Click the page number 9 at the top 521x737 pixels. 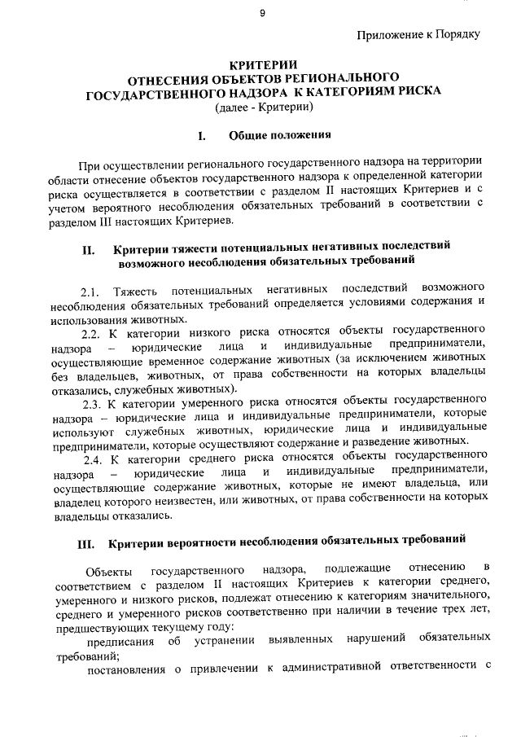[x=262, y=12]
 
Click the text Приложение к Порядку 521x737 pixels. [x=418, y=33]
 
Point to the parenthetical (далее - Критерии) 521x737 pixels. [x=263, y=107]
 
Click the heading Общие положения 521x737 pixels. [x=279, y=134]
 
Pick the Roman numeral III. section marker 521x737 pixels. [x=87, y=540]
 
